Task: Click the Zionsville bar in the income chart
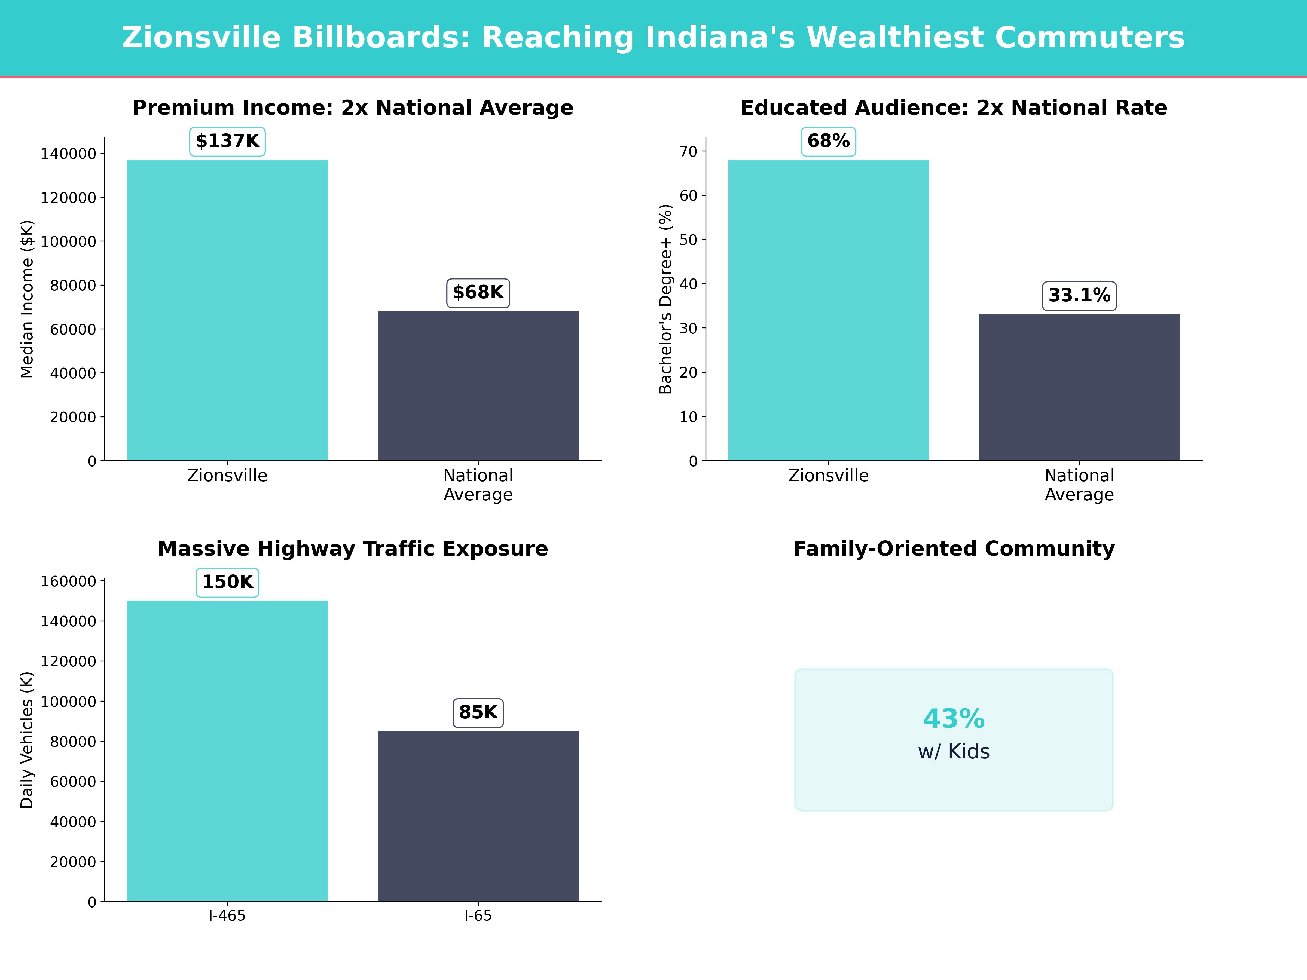coord(227,310)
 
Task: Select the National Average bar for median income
coord(478,386)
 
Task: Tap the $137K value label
coord(227,141)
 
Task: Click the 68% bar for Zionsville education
coord(828,310)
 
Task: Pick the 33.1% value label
coord(1079,295)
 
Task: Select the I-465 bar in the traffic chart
coord(227,751)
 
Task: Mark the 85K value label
coord(478,712)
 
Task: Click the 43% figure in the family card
coord(954,719)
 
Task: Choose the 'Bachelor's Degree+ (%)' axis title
coord(666,299)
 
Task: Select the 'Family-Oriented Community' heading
coord(954,549)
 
